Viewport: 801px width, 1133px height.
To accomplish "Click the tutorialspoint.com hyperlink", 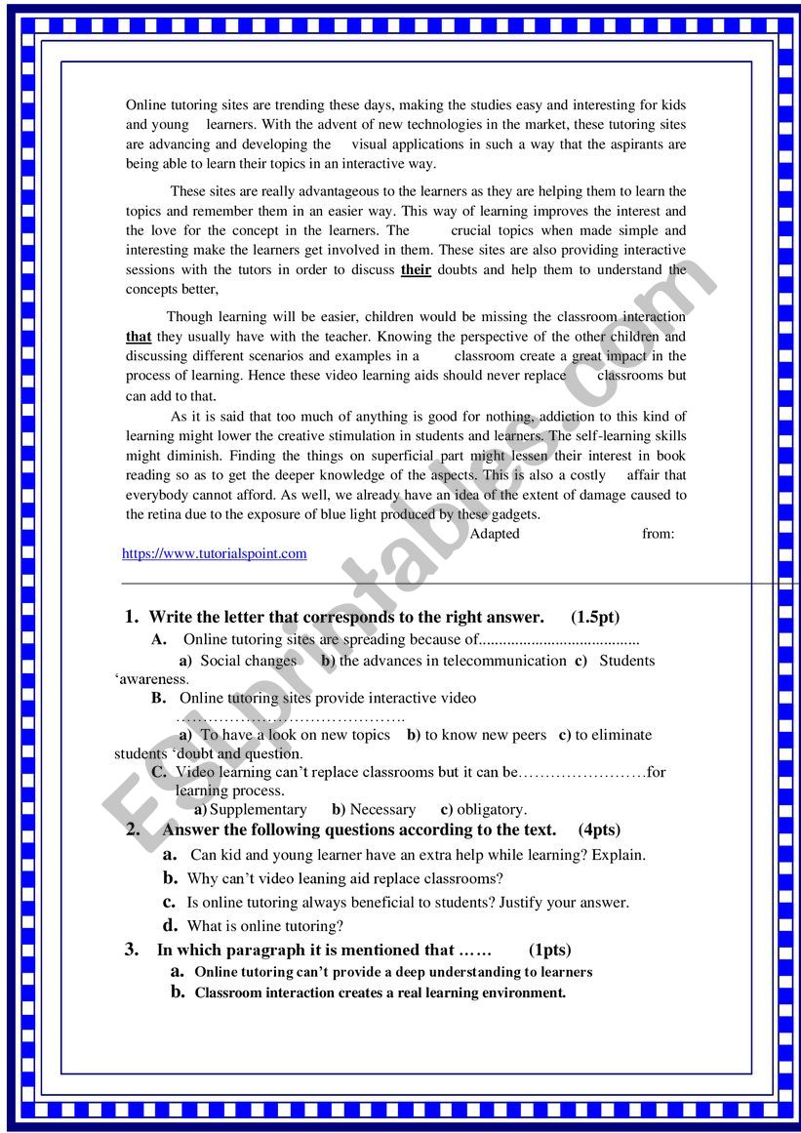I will point(214,553).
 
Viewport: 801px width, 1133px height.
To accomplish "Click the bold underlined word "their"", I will point(416,270).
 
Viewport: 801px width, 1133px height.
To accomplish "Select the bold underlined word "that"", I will point(139,337).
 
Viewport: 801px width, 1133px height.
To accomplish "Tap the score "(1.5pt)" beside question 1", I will point(595,617).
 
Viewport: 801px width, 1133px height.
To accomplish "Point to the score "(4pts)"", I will point(599,830).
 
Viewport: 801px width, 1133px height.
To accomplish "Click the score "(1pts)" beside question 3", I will point(550,950).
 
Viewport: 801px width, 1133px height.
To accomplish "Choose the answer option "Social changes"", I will point(248,661).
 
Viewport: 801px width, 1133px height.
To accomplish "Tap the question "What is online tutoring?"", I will point(265,925).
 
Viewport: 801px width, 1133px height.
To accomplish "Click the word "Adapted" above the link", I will point(495,534).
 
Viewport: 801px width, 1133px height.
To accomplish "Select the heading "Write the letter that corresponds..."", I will point(345,617).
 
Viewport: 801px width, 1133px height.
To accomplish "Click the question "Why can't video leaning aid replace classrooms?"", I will point(345,878).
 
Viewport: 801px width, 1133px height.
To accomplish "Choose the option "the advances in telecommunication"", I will point(452,661).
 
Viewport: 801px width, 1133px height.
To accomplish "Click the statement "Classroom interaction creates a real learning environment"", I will point(380,993).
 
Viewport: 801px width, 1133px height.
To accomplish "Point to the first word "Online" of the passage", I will point(146,104).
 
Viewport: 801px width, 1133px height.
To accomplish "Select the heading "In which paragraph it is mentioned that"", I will point(305,950).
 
